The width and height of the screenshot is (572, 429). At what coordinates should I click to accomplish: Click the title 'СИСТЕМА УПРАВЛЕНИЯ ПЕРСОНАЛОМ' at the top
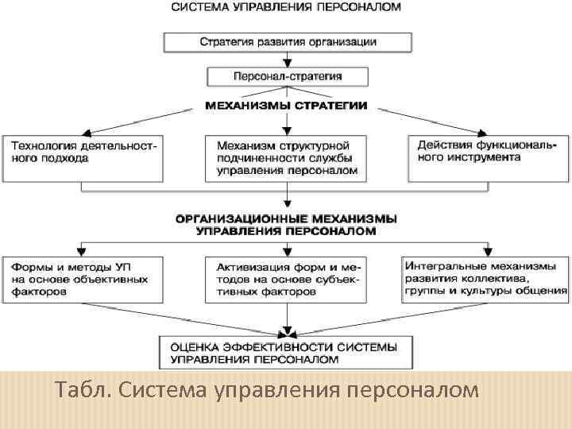pyautogui.click(x=287, y=7)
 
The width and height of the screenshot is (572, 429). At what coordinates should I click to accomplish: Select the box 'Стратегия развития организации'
pyautogui.click(x=288, y=41)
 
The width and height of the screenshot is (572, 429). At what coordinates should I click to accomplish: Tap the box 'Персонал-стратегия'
pyautogui.click(x=288, y=77)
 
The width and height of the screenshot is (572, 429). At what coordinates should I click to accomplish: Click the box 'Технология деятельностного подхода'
pyautogui.click(x=83, y=157)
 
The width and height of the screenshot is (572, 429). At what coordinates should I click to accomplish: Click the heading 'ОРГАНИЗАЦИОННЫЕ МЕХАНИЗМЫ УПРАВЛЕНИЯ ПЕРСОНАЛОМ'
pyautogui.click(x=287, y=224)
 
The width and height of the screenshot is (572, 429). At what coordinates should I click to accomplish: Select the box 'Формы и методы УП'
pyautogui.click(x=83, y=279)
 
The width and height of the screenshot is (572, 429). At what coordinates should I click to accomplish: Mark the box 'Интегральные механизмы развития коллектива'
pyautogui.click(x=486, y=279)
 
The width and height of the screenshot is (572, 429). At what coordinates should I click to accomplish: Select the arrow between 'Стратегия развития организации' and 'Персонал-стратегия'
pyautogui.click(x=288, y=59)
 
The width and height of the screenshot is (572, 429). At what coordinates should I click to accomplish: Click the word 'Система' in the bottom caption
pyautogui.click(x=162, y=391)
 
